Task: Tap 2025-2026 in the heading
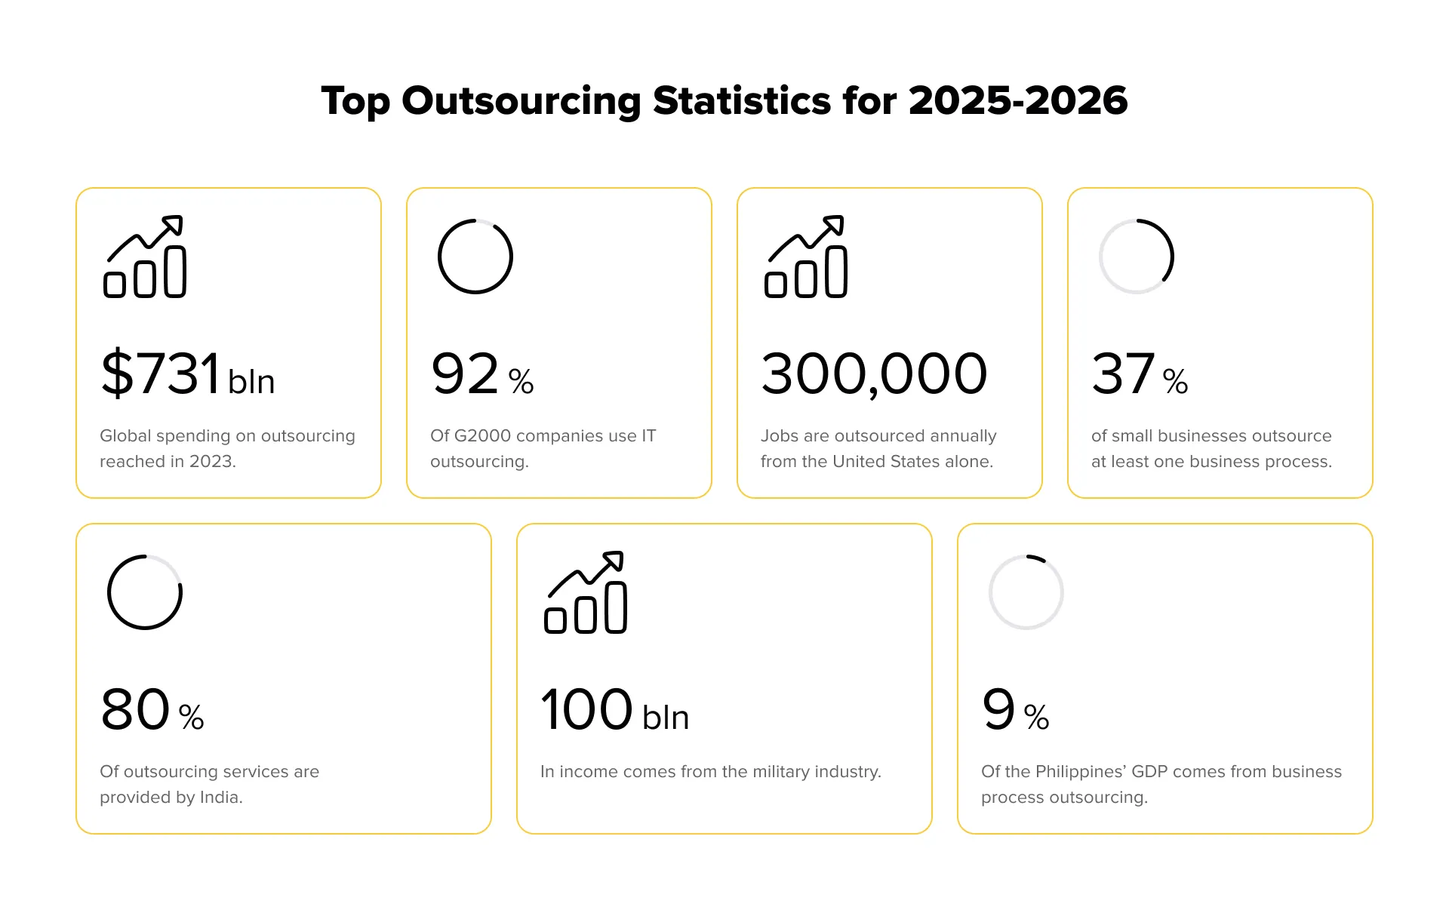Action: tap(1018, 101)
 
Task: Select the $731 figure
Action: tap(161, 374)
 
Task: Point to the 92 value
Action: tap(465, 374)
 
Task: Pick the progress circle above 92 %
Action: tap(475, 257)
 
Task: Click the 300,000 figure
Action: tap(874, 374)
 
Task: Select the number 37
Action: tap(1123, 374)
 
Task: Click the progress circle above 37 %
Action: tap(1137, 257)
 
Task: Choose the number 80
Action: tap(135, 709)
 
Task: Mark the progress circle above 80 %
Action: tap(145, 592)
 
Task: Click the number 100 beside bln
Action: tap(586, 709)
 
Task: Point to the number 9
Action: tap(998, 709)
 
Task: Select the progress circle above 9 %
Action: tap(1026, 592)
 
